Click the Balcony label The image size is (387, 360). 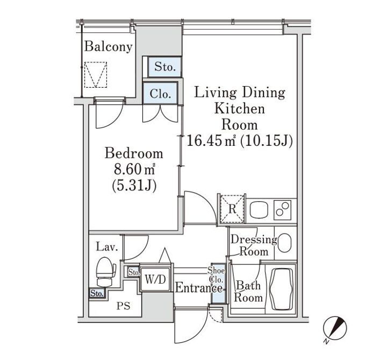pyautogui.click(x=108, y=47)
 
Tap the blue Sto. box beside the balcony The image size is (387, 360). pyautogui.click(x=165, y=67)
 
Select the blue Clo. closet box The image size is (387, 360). pyautogui.click(x=160, y=94)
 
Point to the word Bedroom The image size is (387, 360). pyautogui.click(x=134, y=153)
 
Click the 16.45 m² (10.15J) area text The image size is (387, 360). pyautogui.click(x=239, y=141)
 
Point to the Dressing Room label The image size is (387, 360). pyautogui.click(x=253, y=245)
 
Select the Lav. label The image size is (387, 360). pyautogui.click(x=104, y=248)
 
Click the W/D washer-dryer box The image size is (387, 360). pyautogui.click(x=156, y=279)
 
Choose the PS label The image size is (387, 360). pyautogui.click(x=123, y=306)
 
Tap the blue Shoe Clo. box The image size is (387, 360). pyautogui.click(x=217, y=285)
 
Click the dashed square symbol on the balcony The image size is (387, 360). pyautogui.click(x=97, y=74)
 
